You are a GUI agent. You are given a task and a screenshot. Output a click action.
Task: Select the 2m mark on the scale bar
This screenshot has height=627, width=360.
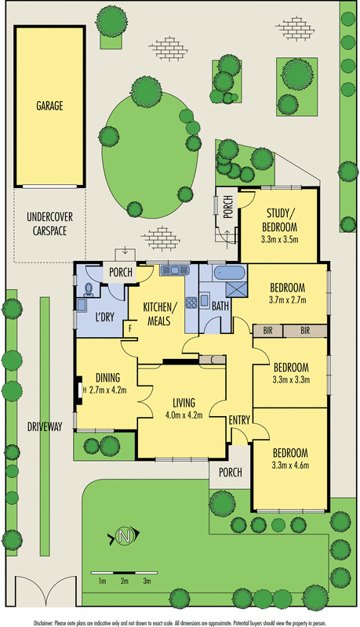click(x=124, y=581)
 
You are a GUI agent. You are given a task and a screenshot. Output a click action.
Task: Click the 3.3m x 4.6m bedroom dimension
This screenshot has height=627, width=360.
click(x=289, y=466)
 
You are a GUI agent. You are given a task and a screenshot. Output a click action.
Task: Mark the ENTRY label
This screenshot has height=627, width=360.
click(x=239, y=422)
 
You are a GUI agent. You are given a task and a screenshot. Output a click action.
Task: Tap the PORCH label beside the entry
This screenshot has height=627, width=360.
click(x=230, y=473)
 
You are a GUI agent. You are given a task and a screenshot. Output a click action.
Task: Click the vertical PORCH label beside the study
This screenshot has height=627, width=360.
click(x=227, y=206)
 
